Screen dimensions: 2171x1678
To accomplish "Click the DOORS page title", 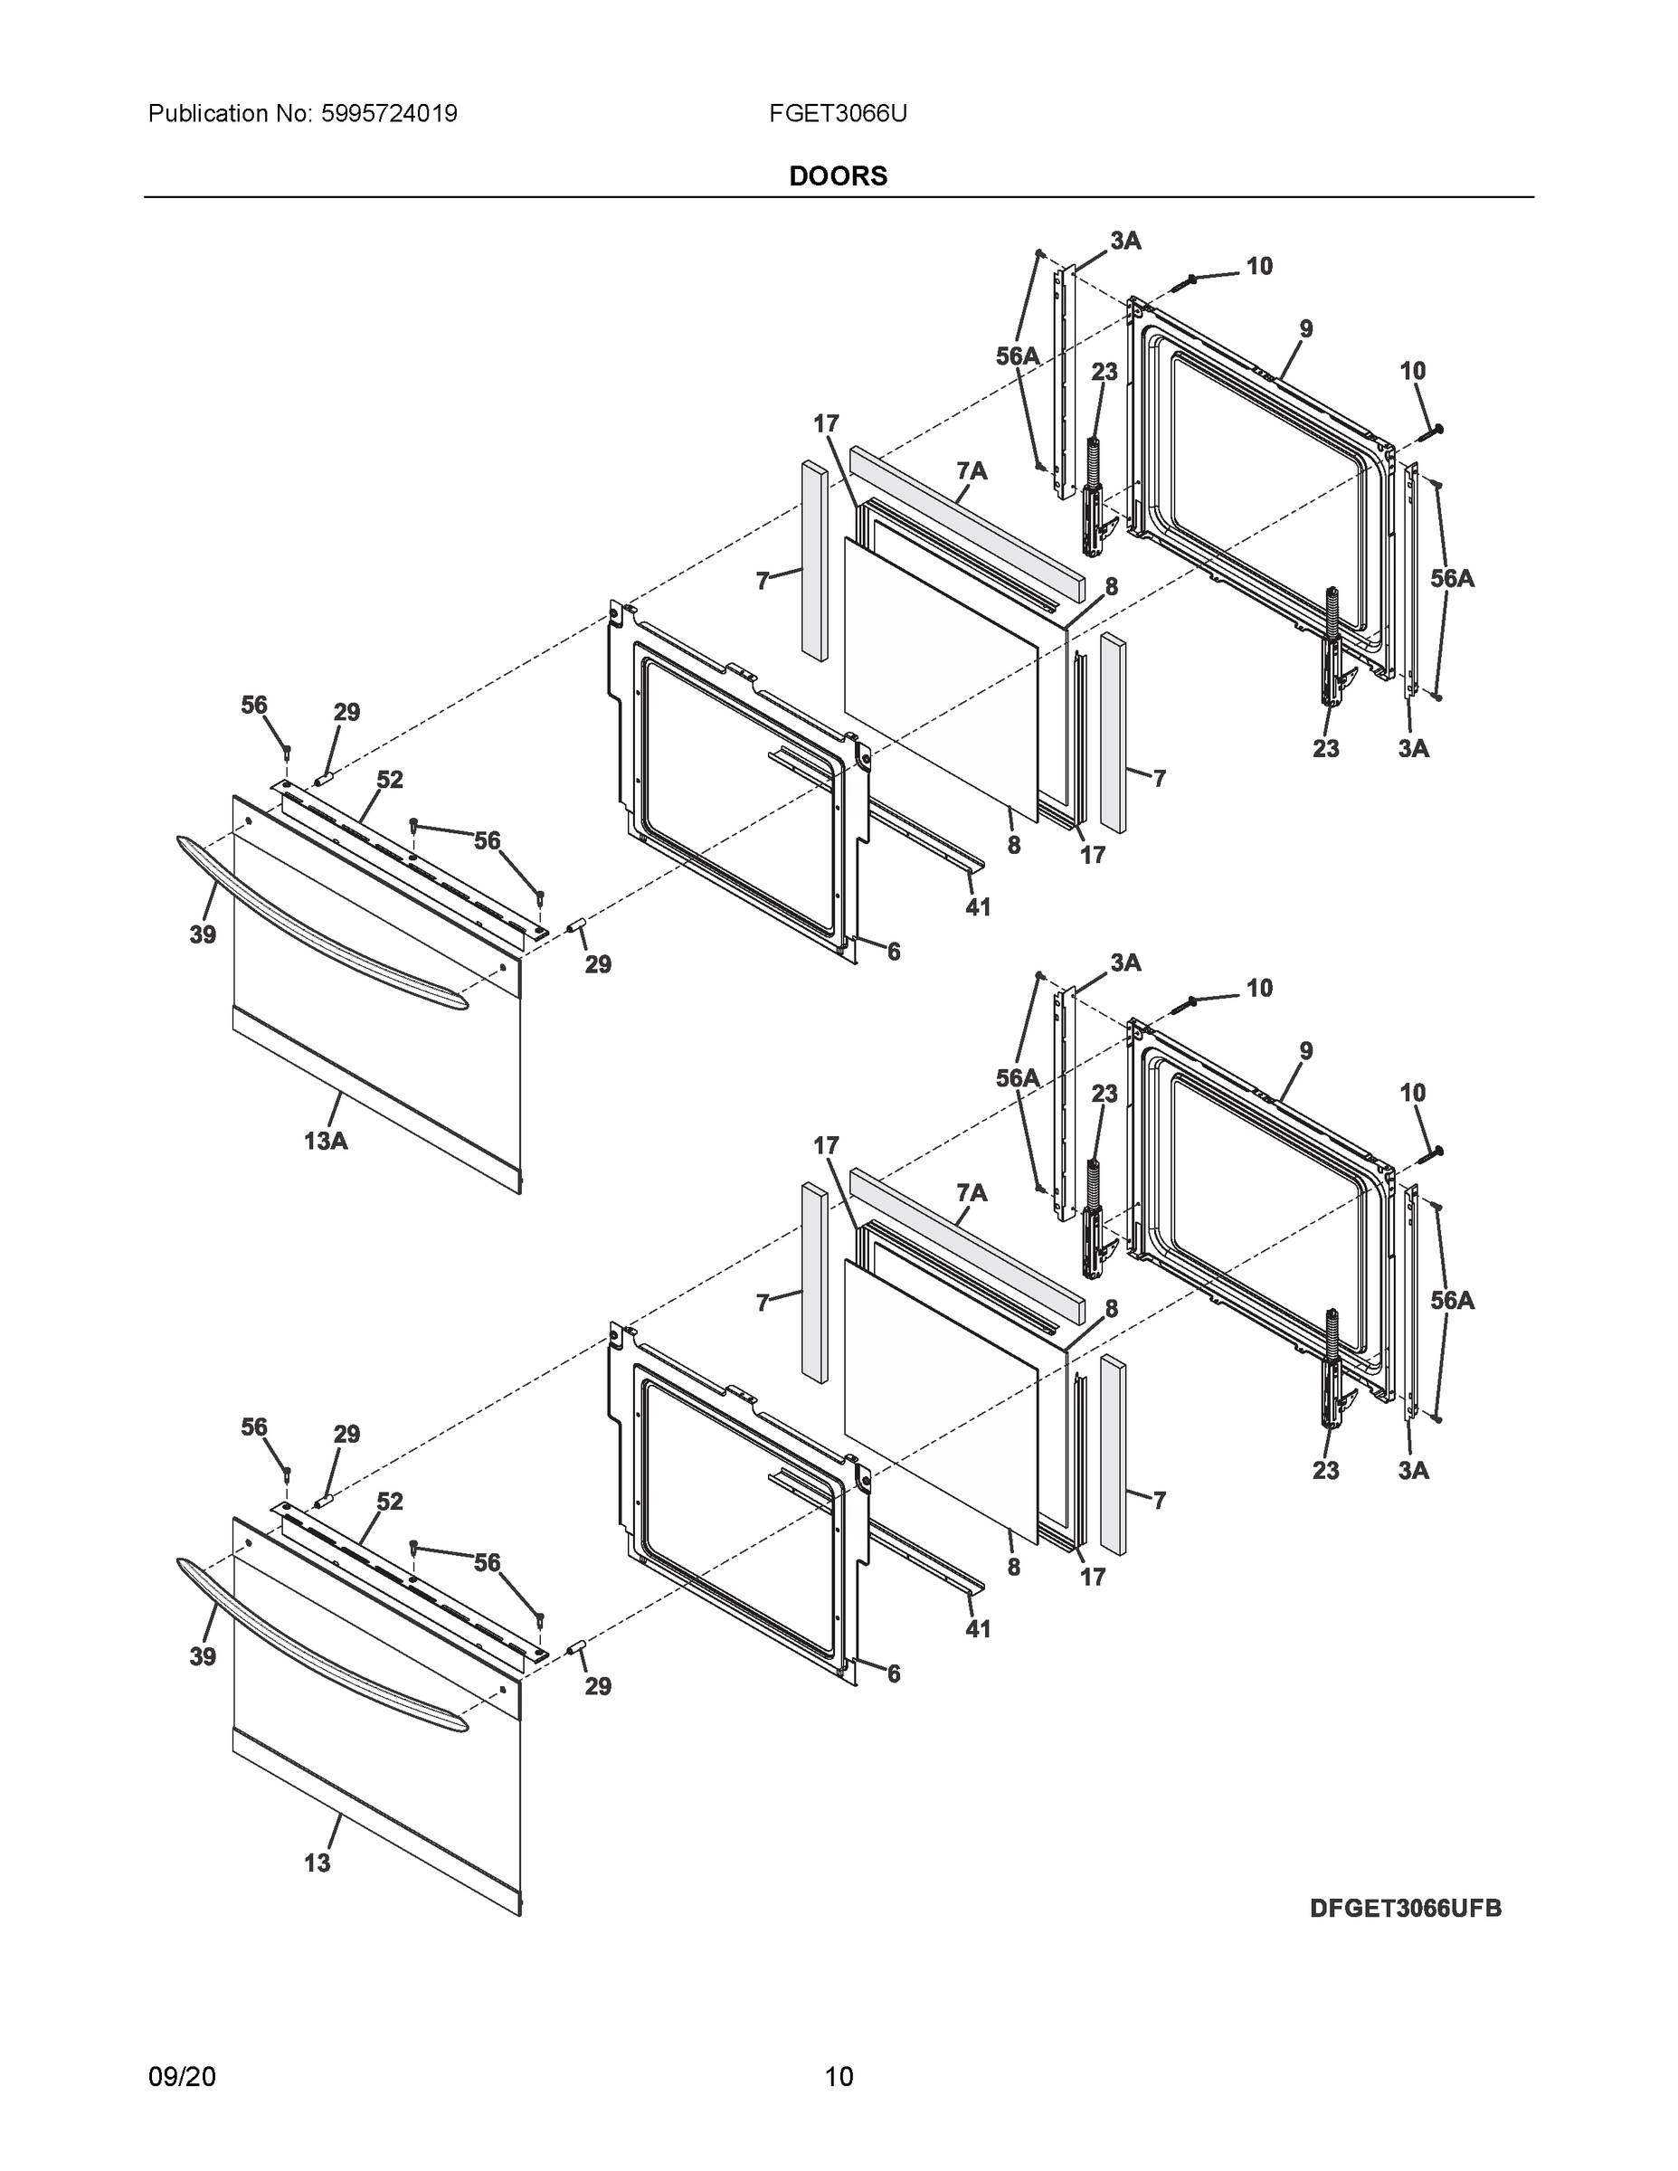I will click(x=837, y=176).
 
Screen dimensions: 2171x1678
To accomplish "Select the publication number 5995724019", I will click(x=389, y=114).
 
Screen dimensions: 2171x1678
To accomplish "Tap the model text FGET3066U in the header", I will click(x=837, y=114).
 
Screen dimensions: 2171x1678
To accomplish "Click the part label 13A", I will click(x=325, y=1142).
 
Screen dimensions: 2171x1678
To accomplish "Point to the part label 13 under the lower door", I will click(x=318, y=1863).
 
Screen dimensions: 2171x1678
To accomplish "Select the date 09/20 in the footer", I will click(x=182, y=2077).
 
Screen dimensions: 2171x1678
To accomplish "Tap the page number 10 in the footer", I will click(x=838, y=2077).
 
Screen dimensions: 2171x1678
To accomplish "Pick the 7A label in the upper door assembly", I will click(x=972, y=471).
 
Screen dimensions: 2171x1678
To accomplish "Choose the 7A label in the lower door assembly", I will click(x=972, y=1193).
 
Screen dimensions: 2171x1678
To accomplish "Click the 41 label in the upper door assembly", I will click(x=977, y=906).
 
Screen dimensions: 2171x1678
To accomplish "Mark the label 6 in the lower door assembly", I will click(x=893, y=1674).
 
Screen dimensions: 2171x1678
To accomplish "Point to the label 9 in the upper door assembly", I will click(x=1305, y=329).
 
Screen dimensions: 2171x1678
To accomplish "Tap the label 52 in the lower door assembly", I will click(x=390, y=1502).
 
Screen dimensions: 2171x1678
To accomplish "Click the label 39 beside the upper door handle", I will click(x=203, y=934).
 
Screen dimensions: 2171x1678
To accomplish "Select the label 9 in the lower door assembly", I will click(x=1305, y=1051).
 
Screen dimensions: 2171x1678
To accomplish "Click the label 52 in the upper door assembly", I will click(x=390, y=781).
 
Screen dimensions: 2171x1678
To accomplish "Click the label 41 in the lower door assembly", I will click(x=977, y=1628).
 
